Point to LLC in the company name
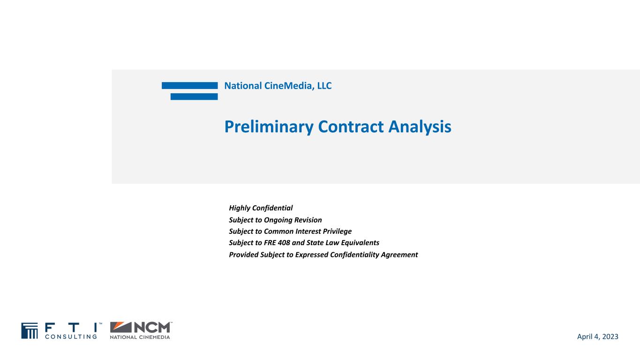click(324, 86)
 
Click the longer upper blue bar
click(189, 85)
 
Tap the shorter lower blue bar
click(194, 97)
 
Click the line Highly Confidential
click(261, 208)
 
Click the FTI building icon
click(29, 330)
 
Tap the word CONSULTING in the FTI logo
click(70, 336)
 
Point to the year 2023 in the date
click(609, 337)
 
